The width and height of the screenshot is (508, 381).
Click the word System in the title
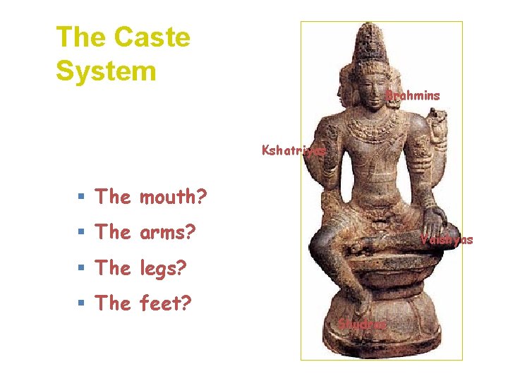[x=106, y=71]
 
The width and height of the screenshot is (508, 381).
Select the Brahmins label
[x=413, y=95]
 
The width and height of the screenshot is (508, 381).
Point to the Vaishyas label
[x=447, y=240]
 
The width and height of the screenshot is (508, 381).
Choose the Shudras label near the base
[x=363, y=325]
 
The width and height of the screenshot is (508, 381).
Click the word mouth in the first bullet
[x=173, y=197]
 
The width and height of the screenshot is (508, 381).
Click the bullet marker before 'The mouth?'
[x=83, y=197]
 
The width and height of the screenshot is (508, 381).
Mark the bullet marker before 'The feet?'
[x=83, y=303]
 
